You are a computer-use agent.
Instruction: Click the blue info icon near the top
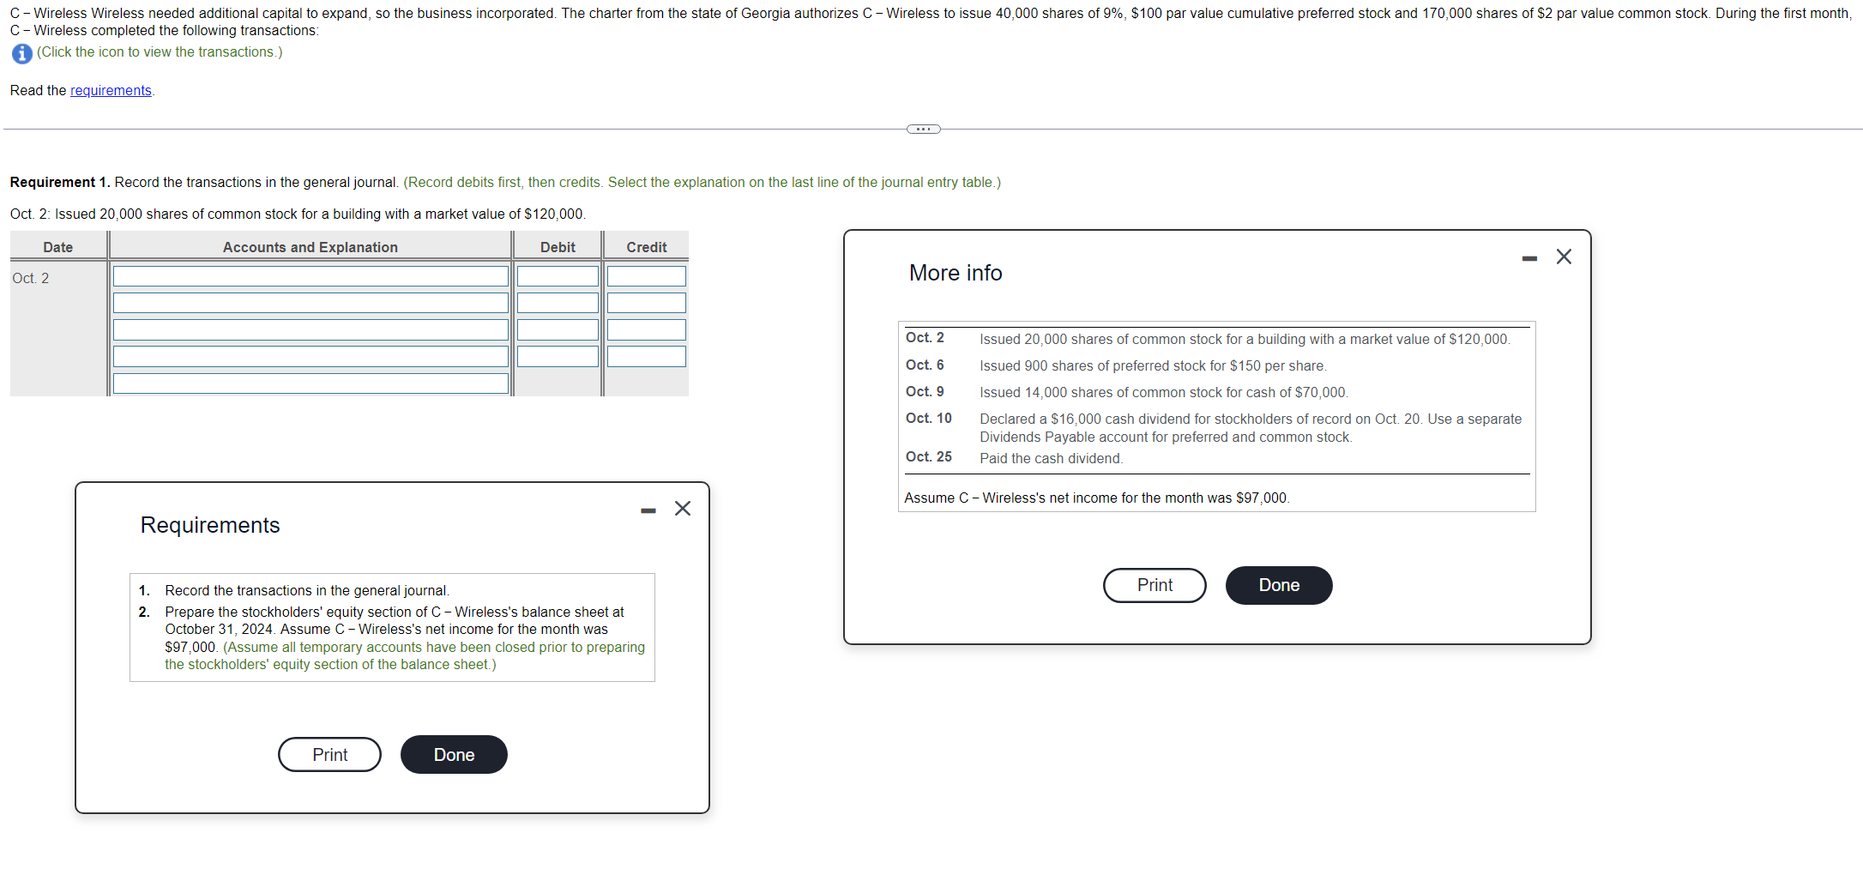[x=22, y=53]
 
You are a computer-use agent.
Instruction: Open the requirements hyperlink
[x=111, y=91]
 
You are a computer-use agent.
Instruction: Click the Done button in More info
[x=1278, y=585]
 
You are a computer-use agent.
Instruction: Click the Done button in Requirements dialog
[x=453, y=755]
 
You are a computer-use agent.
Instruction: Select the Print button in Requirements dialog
[x=329, y=755]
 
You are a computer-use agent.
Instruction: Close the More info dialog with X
[x=1563, y=256]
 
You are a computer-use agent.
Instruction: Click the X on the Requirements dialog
[x=682, y=509]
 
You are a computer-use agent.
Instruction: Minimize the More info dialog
[x=1528, y=258]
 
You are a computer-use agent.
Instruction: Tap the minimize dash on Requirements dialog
[x=648, y=511]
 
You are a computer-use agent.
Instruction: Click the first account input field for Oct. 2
[x=310, y=276]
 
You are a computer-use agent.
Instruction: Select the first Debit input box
[x=558, y=276]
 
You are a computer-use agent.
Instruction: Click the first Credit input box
[x=646, y=276]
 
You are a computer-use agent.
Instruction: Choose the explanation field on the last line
[x=310, y=383]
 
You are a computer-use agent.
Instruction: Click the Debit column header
[x=558, y=247]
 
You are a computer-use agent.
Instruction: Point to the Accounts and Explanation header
[x=310, y=247]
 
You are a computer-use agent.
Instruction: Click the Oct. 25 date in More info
[x=928, y=457]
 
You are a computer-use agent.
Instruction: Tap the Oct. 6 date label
[x=925, y=365]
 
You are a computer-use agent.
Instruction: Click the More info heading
[x=956, y=273]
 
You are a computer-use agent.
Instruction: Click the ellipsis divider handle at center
[x=923, y=130]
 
